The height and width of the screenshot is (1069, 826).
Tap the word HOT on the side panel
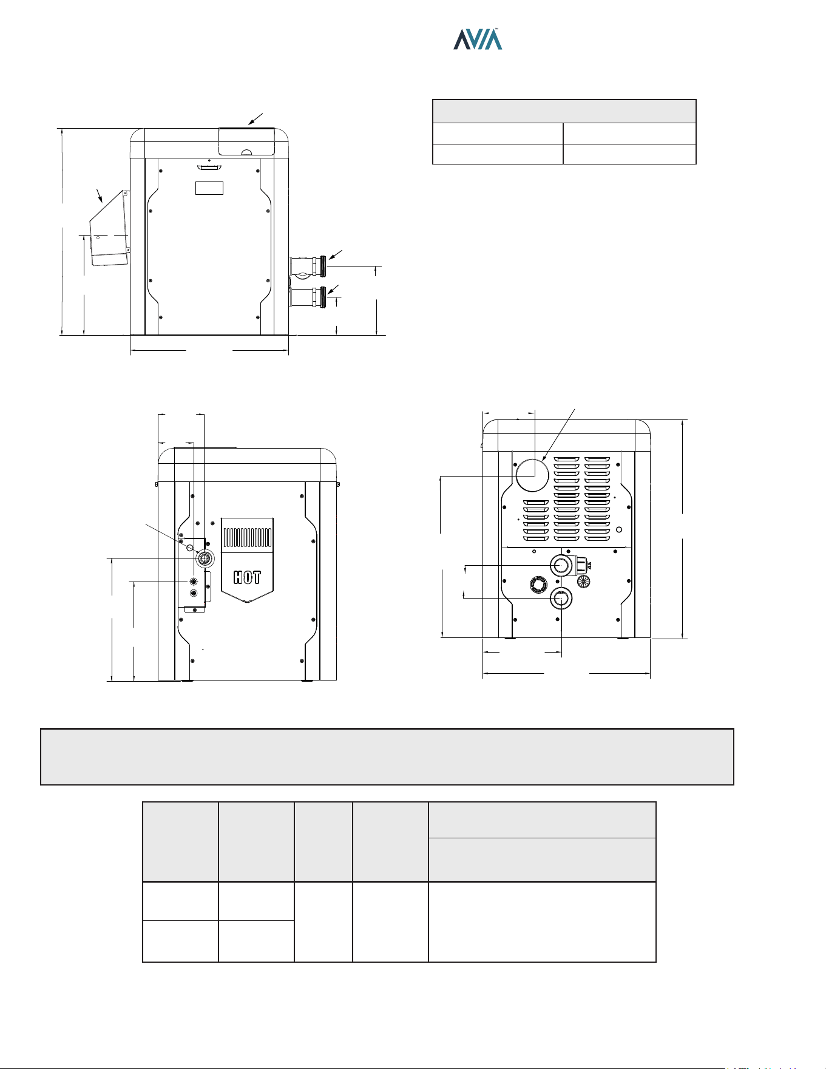(x=247, y=577)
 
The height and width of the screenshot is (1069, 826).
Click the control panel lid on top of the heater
(x=246, y=142)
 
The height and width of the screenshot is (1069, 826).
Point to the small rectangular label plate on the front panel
(x=209, y=188)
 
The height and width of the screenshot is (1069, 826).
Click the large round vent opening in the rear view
(x=532, y=475)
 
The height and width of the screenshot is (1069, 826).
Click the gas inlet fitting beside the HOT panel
(x=206, y=558)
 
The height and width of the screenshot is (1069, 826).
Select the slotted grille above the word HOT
(x=247, y=538)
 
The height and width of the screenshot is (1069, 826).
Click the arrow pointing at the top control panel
(x=256, y=119)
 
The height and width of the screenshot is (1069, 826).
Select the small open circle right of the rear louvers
(x=619, y=530)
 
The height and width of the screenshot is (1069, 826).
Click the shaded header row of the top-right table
(x=564, y=111)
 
